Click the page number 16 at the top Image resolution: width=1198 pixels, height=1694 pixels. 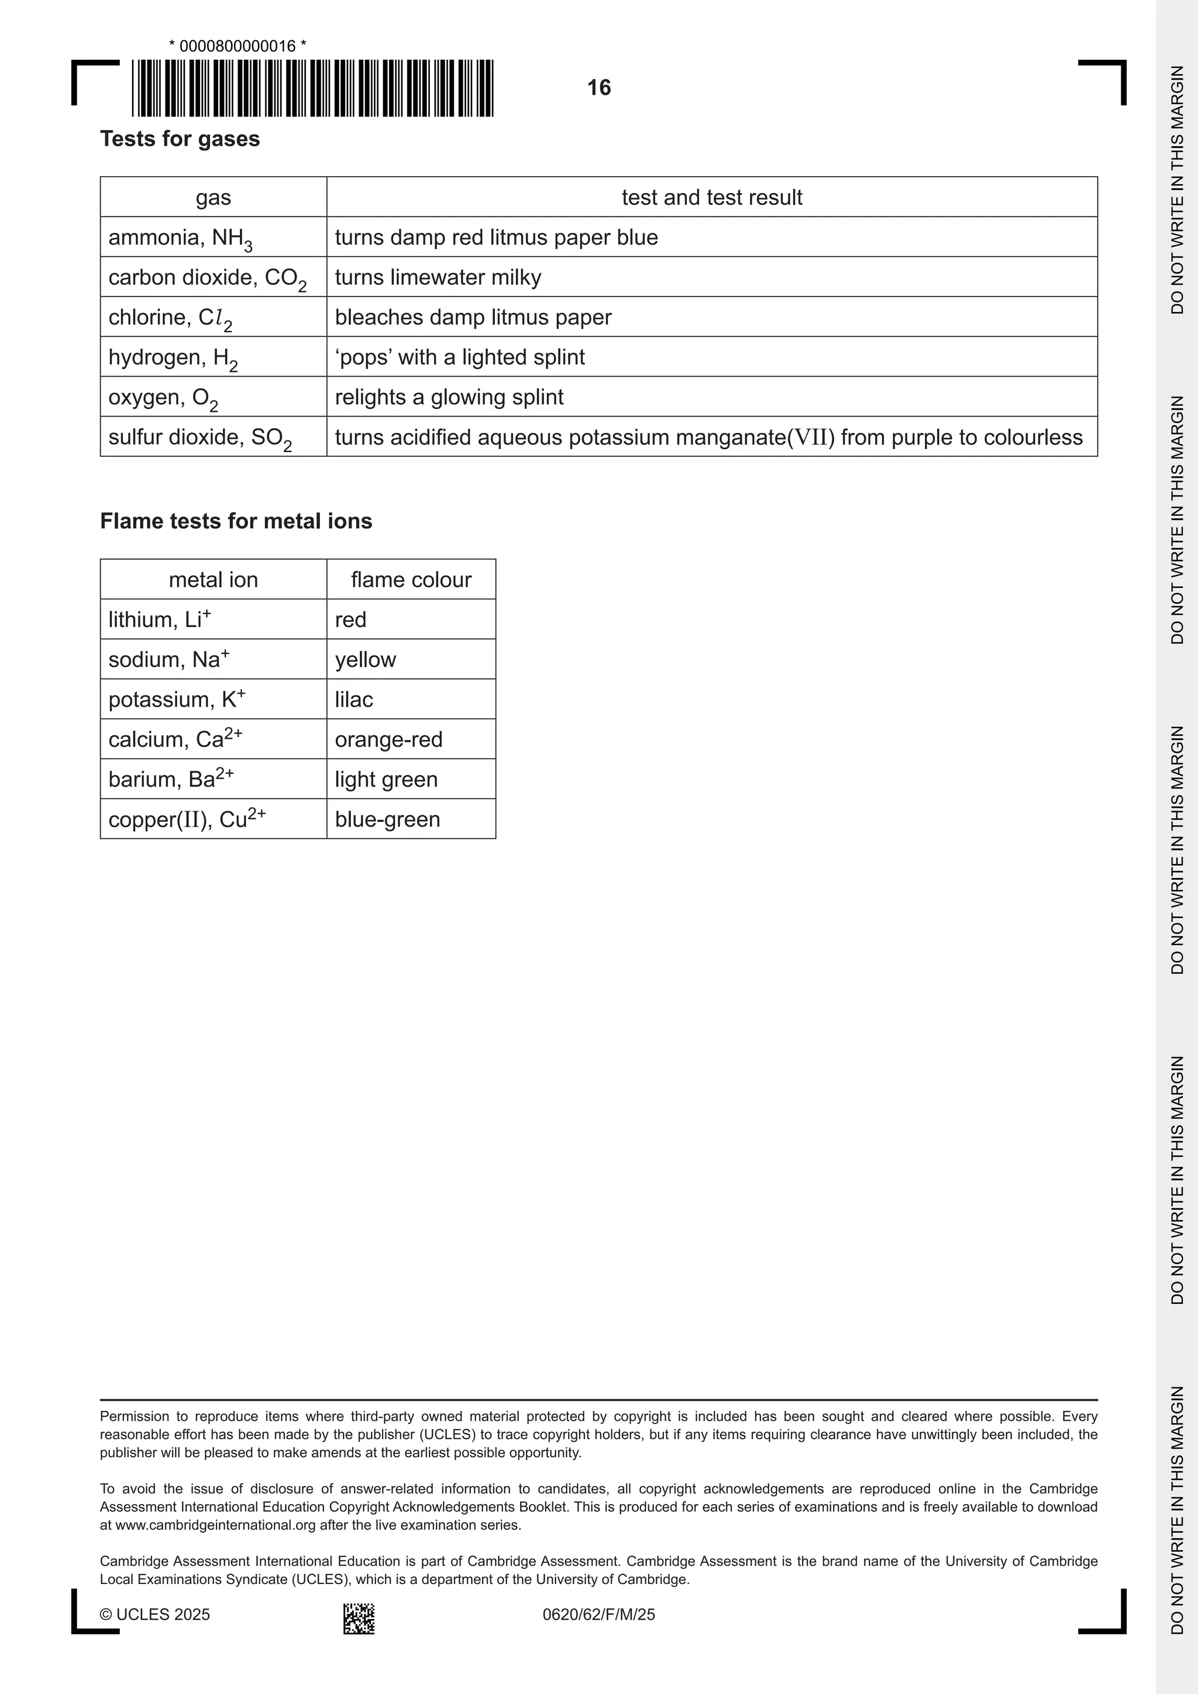click(598, 88)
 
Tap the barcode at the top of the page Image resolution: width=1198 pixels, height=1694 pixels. click(313, 88)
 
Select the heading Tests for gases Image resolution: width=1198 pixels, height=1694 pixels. click(180, 139)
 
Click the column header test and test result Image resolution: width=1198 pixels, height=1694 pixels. click(711, 197)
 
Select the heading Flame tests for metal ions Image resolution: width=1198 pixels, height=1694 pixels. click(236, 521)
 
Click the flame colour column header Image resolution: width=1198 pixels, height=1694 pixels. click(411, 579)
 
